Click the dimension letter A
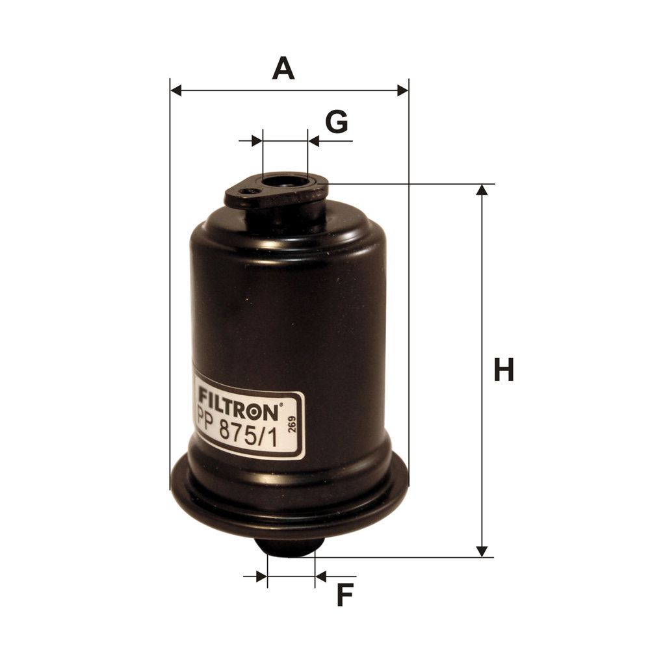[x=283, y=69]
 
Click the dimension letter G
[x=337, y=122]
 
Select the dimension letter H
[x=504, y=369]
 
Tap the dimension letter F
[x=344, y=595]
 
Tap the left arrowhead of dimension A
[x=175, y=90]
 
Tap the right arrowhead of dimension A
[x=402, y=90]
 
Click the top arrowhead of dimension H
[x=482, y=189]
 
